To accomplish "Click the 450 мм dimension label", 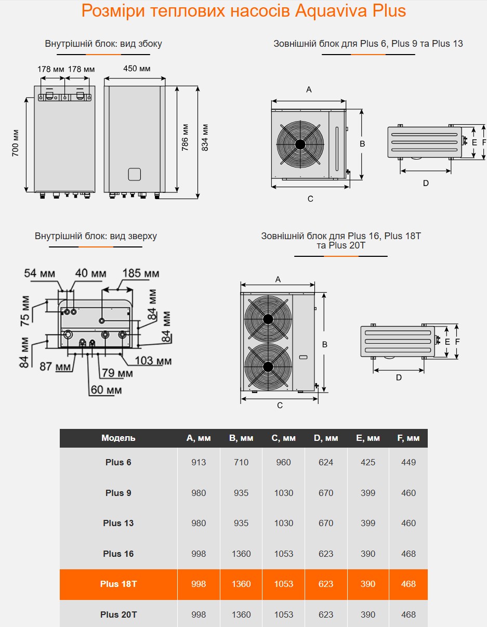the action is click(x=137, y=69).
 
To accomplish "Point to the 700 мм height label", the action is click(x=15, y=143).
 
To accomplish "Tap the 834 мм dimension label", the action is click(x=205, y=138).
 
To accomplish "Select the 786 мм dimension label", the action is click(x=185, y=138).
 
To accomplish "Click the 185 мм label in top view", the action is click(x=141, y=273).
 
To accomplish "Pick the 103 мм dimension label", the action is click(x=153, y=361).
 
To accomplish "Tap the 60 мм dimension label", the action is click(x=106, y=390).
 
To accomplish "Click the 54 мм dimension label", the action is click(x=40, y=273).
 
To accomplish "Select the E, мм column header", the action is click(x=368, y=438).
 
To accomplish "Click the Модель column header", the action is click(x=118, y=438).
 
